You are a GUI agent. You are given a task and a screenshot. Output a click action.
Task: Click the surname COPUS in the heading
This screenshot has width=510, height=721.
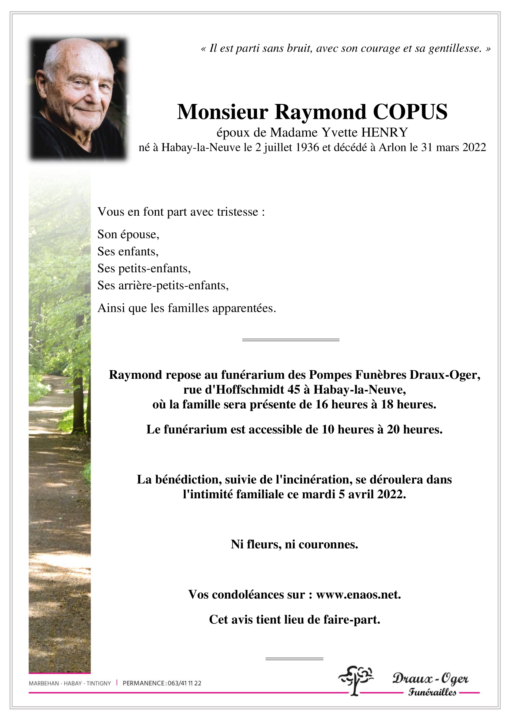(x=410, y=112)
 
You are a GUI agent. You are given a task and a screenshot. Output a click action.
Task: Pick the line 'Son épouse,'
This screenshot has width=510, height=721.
(x=128, y=234)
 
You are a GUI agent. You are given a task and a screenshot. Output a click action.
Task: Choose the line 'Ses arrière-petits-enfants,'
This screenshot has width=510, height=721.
(x=163, y=285)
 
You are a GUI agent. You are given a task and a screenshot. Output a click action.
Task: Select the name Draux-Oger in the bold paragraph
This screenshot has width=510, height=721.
(x=444, y=375)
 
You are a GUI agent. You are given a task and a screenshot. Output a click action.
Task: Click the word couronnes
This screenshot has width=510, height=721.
(x=328, y=544)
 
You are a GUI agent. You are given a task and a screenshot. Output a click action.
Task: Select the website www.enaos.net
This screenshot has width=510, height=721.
(x=358, y=594)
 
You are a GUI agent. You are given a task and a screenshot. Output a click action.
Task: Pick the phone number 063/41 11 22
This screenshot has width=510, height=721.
(x=184, y=683)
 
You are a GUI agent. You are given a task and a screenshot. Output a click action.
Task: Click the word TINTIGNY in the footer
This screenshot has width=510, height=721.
(x=99, y=683)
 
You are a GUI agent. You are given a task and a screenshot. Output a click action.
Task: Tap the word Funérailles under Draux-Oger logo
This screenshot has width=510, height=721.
(x=432, y=692)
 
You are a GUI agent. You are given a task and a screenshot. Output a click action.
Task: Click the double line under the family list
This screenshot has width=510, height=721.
(x=291, y=340)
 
